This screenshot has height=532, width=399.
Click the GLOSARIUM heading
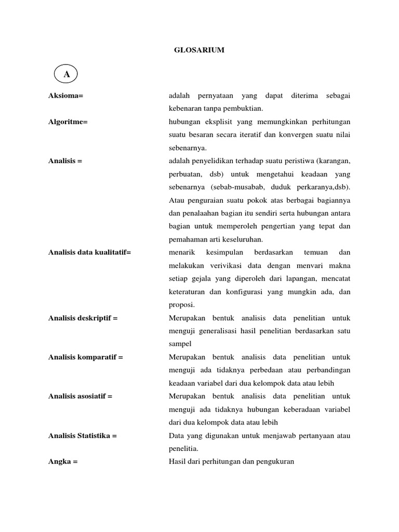click(x=199, y=50)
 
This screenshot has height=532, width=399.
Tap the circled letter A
click(x=66, y=75)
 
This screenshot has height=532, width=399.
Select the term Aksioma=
click(x=66, y=96)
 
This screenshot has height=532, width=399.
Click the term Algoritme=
click(x=68, y=122)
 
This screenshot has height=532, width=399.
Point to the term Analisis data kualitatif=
click(x=90, y=252)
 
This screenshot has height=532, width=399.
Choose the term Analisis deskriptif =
click(x=83, y=318)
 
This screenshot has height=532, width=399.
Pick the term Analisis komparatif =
click(x=86, y=357)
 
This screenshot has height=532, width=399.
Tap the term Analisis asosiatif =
click(x=81, y=396)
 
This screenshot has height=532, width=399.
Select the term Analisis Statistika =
click(x=83, y=435)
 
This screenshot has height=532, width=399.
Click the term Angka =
click(x=63, y=461)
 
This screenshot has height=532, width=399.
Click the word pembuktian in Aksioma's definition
click(x=245, y=109)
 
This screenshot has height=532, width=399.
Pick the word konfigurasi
click(x=244, y=292)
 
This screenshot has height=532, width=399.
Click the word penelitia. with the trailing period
click(x=184, y=448)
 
